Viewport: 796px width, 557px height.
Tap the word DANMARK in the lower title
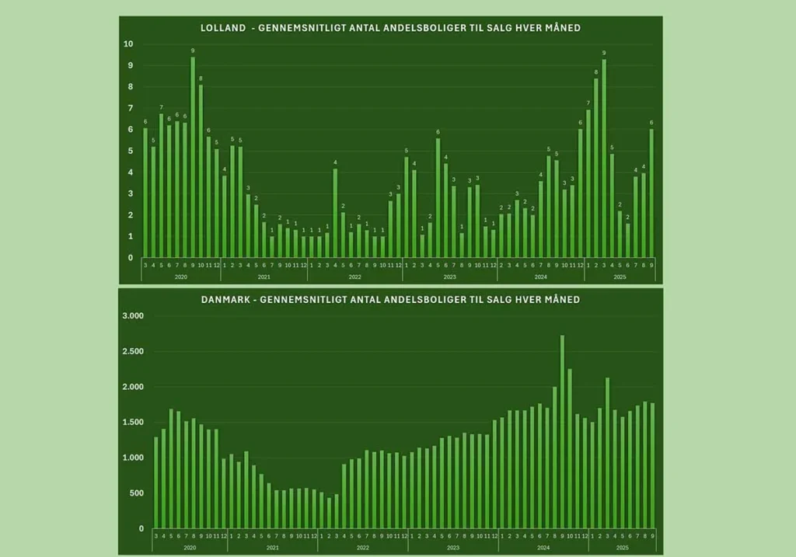(x=225, y=299)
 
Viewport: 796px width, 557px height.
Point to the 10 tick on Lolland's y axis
(x=128, y=44)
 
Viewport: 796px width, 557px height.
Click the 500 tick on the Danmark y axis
(x=136, y=493)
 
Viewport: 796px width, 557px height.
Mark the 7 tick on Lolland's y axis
(x=130, y=109)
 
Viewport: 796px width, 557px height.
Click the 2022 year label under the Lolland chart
(x=354, y=277)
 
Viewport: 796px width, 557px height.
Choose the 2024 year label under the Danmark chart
(x=543, y=548)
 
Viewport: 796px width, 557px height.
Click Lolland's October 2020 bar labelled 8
(x=201, y=171)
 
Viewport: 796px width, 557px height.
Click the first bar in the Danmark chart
(x=156, y=482)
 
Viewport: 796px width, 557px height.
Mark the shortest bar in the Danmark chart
(x=329, y=513)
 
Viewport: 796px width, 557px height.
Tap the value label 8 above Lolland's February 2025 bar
(x=596, y=72)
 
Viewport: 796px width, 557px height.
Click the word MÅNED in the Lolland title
(x=560, y=28)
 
